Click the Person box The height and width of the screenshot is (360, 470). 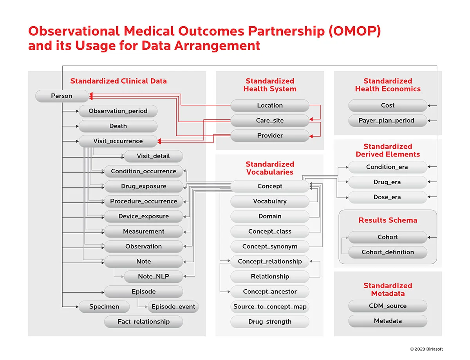(x=62, y=96)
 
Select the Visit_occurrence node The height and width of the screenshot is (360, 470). (x=118, y=141)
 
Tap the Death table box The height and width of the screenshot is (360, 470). (x=118, y=126)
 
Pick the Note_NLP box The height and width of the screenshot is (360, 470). (x=154, y=276)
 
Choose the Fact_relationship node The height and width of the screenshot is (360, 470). (x=143, y=322)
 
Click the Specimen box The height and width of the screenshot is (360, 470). (x=104, y=307)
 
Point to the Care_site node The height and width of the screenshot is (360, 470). (x=270, y=121)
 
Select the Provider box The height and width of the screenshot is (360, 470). (x=270, y=135)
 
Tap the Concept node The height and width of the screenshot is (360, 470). (x=270, y=186)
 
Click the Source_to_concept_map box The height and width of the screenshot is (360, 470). (x=270, y=307)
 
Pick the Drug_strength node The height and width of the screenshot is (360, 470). (x=270, y=322)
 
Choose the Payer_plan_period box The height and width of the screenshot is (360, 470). (x=388, y=121)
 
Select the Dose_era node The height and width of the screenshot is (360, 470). (x=388, y=197)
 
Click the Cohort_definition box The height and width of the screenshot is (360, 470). (x=388, y=252)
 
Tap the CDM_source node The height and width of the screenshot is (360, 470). (x=388, y=306)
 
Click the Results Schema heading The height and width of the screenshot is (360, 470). (x=388, y=220)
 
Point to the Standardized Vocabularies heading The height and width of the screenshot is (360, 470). (x=270, y=168)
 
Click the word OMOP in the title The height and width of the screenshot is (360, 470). (x=354, y=31)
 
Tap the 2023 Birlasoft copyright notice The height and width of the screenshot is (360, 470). (x=426, y=349)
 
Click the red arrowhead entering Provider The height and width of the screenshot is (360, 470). (x=311, y=136)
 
